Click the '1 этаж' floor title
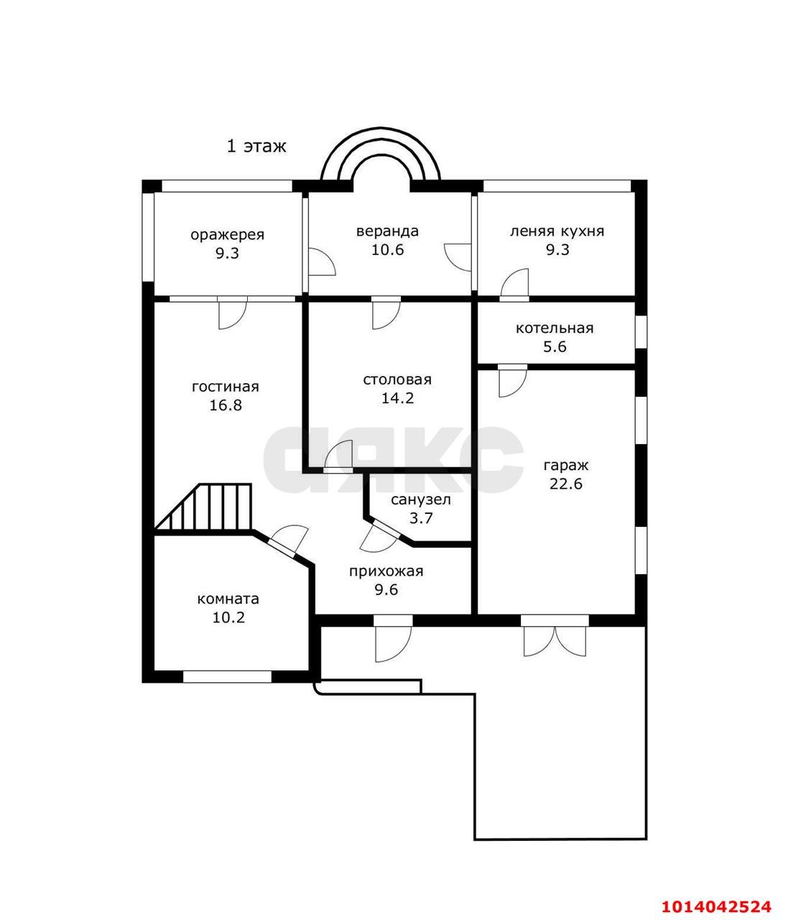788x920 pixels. [256, 146]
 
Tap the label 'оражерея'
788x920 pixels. [228, 234]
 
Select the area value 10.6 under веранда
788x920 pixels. [388, 249]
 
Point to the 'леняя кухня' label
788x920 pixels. [557, 231]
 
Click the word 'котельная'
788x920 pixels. [555, 328]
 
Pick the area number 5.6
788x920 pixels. [555, 346]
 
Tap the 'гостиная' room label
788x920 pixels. [225, 387]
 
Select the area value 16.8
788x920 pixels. [226, 405]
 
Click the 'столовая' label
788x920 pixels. [397, 379]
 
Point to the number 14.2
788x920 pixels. [397, 397]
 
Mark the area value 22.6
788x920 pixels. [565, 484]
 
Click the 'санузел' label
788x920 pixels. [421, 500]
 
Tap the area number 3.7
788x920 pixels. [420, 518]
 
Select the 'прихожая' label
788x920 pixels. [386, 571]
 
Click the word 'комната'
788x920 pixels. [228, 599]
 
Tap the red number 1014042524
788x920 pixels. [716, 906]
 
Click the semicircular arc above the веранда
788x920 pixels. [381, 137]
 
